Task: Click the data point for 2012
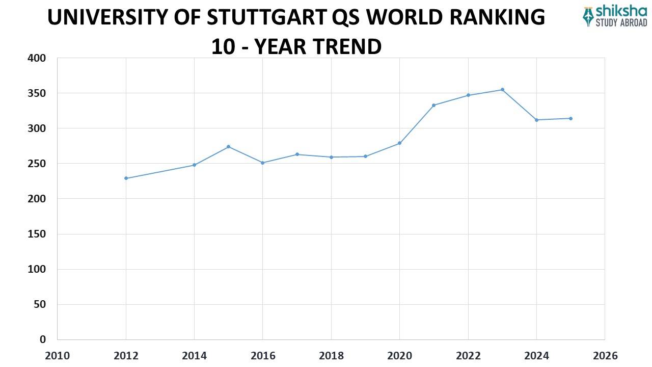pyautogui.click(x=126, y=178)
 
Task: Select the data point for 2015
pyautogui.click(x=228, y=147)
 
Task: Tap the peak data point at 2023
pyautogui.click(x=502, y=90)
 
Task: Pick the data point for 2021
pyautogui.click(x=433, y=105)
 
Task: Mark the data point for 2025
pyautogui.click(x=570, y=118)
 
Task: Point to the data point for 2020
pyautogui.click(x=399, y=143)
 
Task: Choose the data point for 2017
pyautogui.click(x=297, y=154)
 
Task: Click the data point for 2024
pyautogui.click(x=536, y=120)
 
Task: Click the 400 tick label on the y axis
pyautogui.click(x=36, y=59)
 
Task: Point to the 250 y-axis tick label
pyautogui.click(x=36, y=164)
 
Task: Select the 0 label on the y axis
pyautogui.click(x=42, y=339)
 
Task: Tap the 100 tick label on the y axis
pyautogui.click(x=36, y=269)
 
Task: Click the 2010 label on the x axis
pyautogui.click(x=57, y=355)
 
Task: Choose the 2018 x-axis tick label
pyautogui.click(x=331, y=355)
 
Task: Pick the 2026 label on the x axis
pyautogui.click(x=605, y=355)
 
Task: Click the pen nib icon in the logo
pyautogui.click(x=589, y=16)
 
